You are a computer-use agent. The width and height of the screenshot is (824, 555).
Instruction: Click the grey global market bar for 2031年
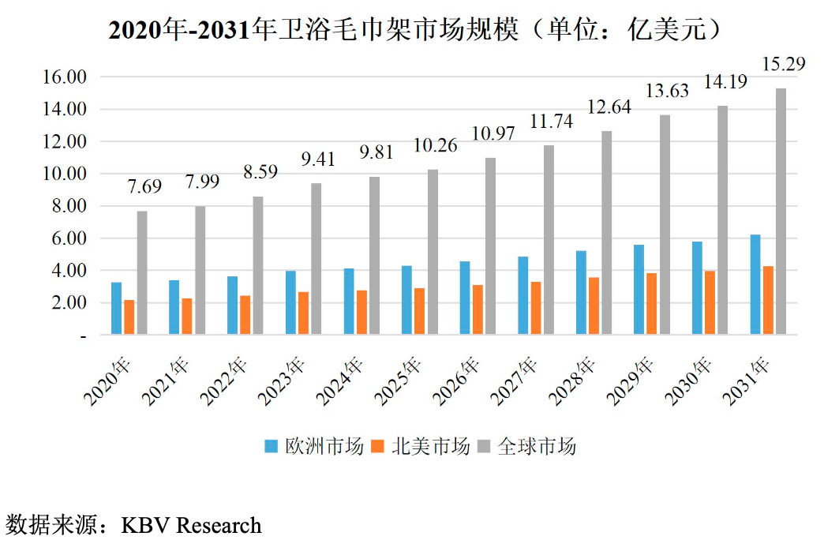[x=781, y=212]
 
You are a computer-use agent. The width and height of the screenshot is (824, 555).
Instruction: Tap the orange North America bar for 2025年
[x=419, y=312]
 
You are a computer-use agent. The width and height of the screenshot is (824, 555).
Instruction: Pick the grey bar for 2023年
[x=316, y=259]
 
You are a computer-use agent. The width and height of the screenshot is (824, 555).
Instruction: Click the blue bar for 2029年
[x=639, y=290]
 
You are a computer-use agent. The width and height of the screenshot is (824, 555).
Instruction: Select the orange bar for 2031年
[x=768, y=301]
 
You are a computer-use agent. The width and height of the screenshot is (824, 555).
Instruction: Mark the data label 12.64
[x=605, y=107]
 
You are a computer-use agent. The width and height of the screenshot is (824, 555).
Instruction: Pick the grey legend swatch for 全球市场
[x=484, y=447]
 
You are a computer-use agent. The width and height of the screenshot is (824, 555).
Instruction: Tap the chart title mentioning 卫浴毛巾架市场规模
[x=414, y=30]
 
